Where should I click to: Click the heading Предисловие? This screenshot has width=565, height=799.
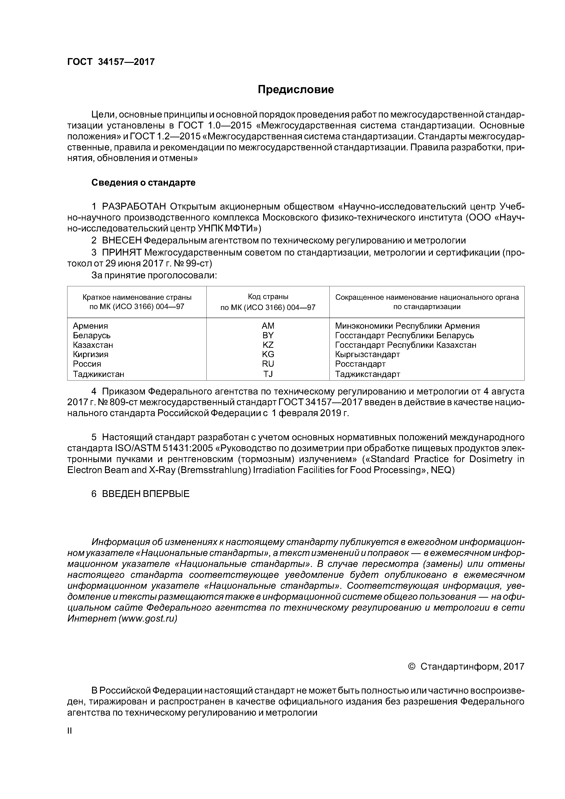click(x=295, y=90)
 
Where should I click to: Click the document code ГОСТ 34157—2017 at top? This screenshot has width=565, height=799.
click(x=111, y=62)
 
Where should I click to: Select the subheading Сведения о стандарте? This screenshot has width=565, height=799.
click(x=144, y=183)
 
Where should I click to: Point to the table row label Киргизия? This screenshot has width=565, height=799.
click(x=90, y=354)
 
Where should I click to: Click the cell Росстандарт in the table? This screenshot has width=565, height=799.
click(x=360, y=364)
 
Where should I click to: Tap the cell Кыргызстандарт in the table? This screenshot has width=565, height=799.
click(x=367, y=354)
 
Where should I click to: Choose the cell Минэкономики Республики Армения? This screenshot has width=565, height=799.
click(x=407, y=326)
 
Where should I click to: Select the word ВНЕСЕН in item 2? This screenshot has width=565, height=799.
click(x=122, y=241)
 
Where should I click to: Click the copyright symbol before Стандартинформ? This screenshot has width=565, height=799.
click(x=411, y=666)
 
